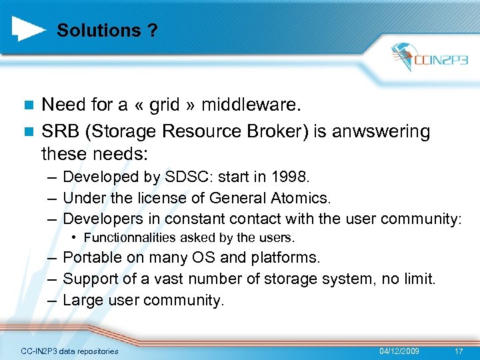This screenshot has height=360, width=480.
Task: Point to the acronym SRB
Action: (58, 131)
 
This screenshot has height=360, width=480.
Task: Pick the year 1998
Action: (292, 177)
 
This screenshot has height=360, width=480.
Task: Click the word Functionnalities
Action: (123, 237)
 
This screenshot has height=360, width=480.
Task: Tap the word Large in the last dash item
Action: (82, 300)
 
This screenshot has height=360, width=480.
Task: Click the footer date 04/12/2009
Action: (399, 351)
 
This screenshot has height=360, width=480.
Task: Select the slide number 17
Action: (458, 351)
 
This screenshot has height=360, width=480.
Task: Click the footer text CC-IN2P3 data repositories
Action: (69, 351)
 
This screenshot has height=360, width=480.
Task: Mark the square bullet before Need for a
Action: (27, 105)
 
